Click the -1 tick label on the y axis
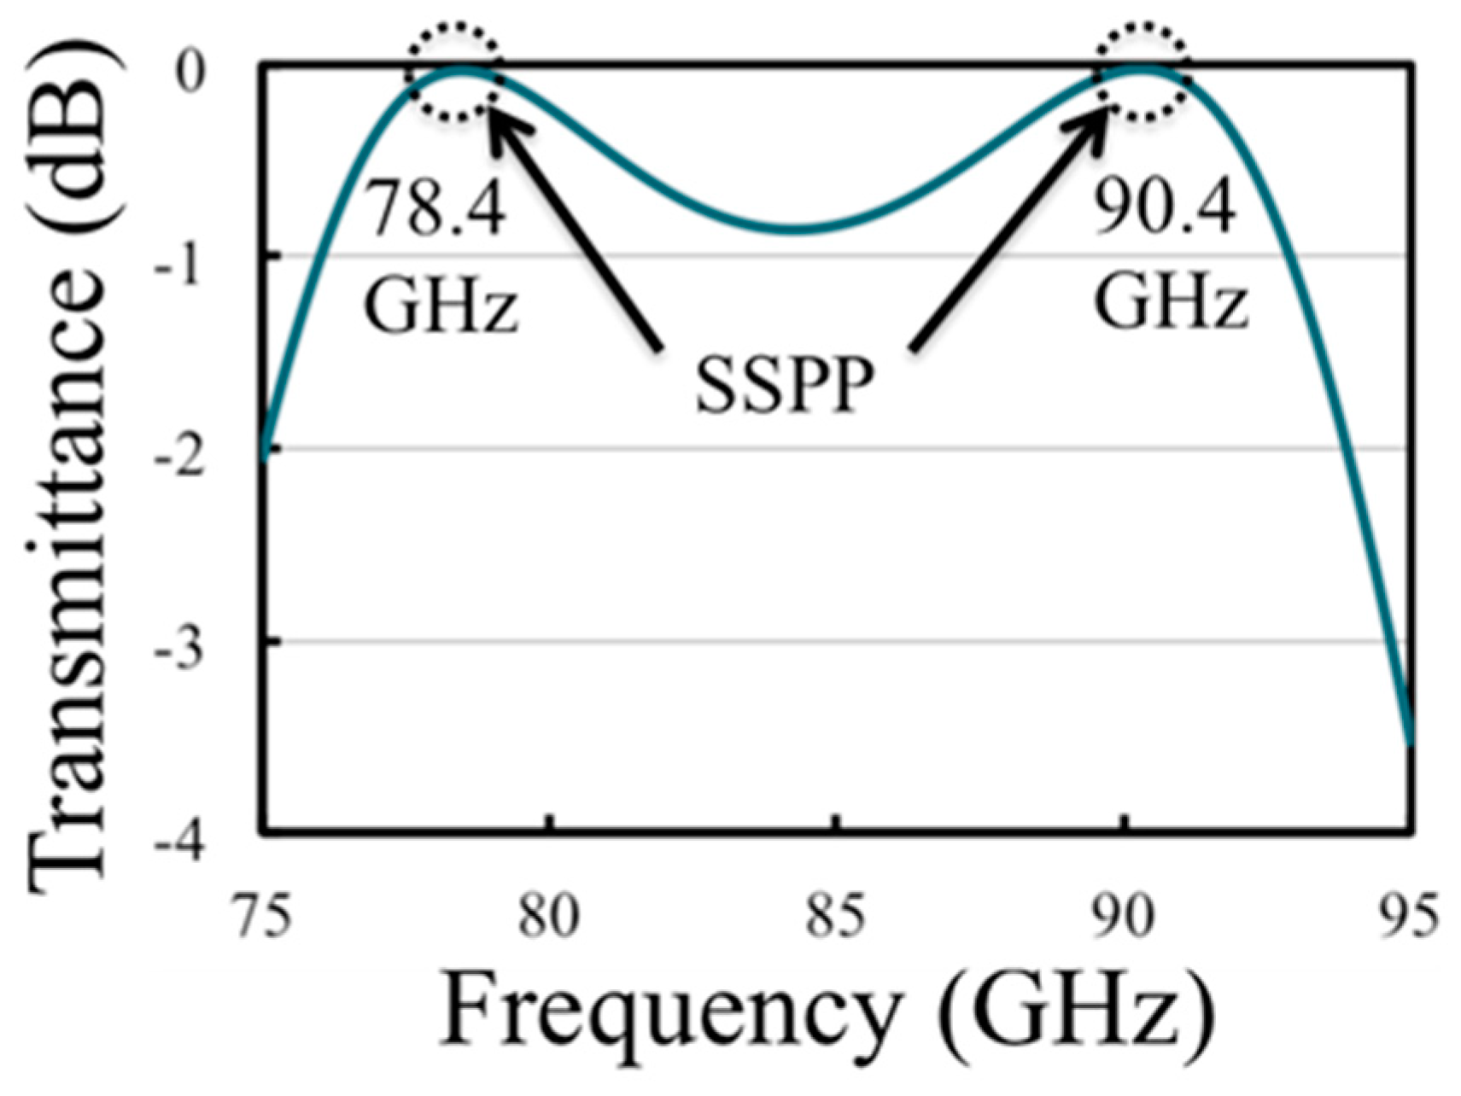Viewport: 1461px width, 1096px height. pyautogui.click(x=179, y=266)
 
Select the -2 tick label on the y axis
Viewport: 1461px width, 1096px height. pyautogui.click(x=179, y=458)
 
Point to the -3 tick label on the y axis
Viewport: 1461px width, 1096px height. pyautogui.click(x=179, y=650)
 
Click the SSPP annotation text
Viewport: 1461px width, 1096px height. pyautogui.click(x=784, y=386)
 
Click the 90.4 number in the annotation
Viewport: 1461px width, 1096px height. pyautogui.click(x=1166, y=209)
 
